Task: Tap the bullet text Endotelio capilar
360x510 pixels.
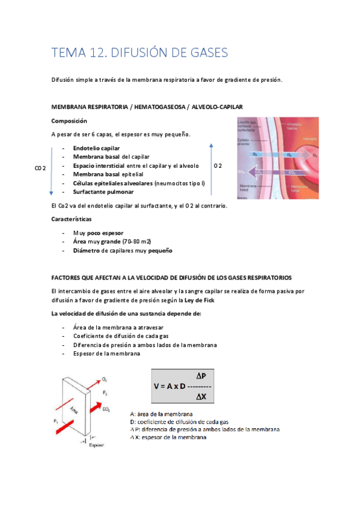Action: (96, 148)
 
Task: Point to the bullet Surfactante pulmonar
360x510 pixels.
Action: (103, 192)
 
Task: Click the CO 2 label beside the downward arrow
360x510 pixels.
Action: (40, 169)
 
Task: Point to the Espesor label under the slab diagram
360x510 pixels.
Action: (97, 446)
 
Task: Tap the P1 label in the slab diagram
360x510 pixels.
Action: (56, 420)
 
